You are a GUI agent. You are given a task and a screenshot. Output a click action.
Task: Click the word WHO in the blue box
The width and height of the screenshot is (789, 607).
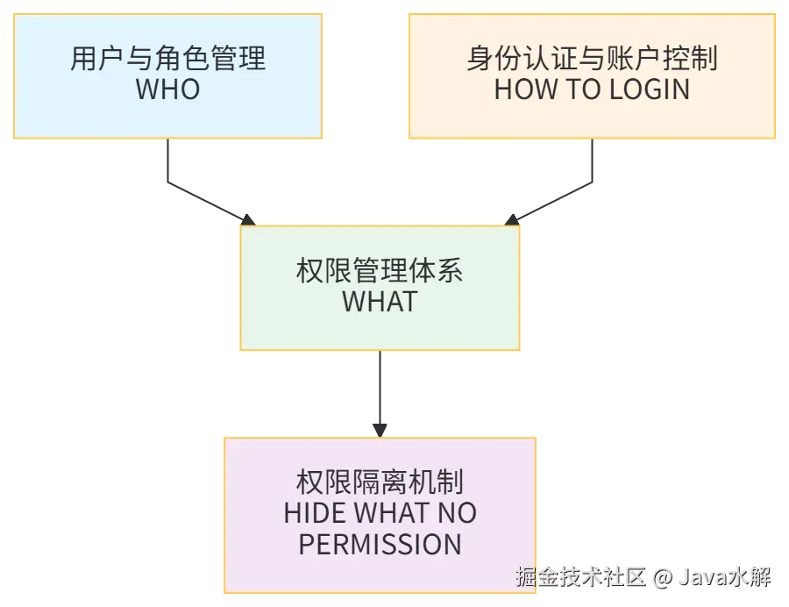point(167,89)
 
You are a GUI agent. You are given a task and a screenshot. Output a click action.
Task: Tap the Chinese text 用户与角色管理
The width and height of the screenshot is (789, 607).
point(167,59)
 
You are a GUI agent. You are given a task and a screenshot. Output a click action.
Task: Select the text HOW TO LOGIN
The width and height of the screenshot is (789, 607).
point(592,89)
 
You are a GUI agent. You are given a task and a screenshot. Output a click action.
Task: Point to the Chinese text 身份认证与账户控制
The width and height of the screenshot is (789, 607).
point(592,59)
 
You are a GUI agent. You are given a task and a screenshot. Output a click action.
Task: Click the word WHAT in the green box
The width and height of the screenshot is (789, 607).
point(380,302)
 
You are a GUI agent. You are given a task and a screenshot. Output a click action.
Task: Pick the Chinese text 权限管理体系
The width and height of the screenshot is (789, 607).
point(380,271)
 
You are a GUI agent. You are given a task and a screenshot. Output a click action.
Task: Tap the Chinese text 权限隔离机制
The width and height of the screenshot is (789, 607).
point(380,482)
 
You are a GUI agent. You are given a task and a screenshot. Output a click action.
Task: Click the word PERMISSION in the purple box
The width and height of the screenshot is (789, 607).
point(380,544)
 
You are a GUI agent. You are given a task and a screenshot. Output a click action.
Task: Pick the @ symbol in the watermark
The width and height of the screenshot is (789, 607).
point(661,577)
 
